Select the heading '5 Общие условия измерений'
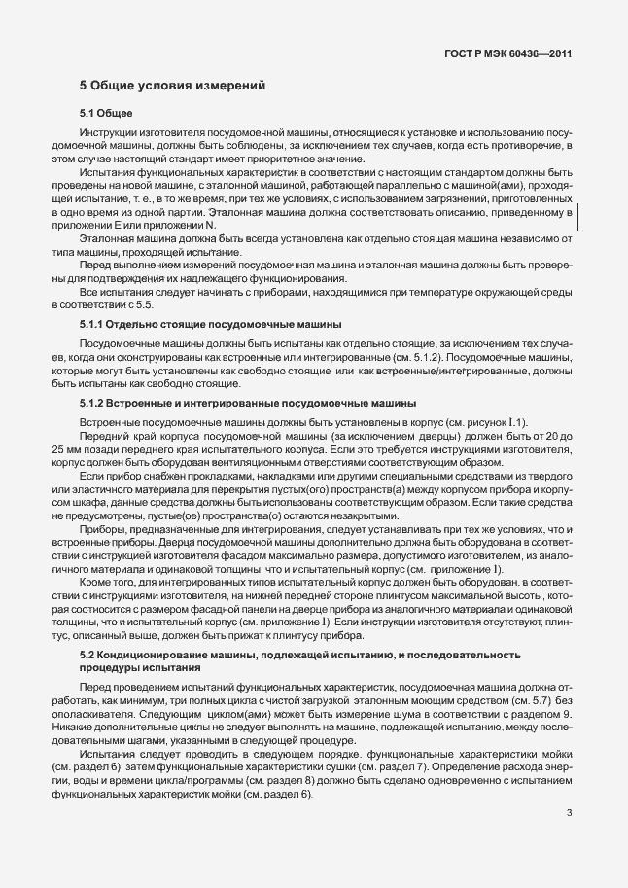point(172,87)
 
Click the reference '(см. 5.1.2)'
point(402,356)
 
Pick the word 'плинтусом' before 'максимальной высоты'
point(405,609)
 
